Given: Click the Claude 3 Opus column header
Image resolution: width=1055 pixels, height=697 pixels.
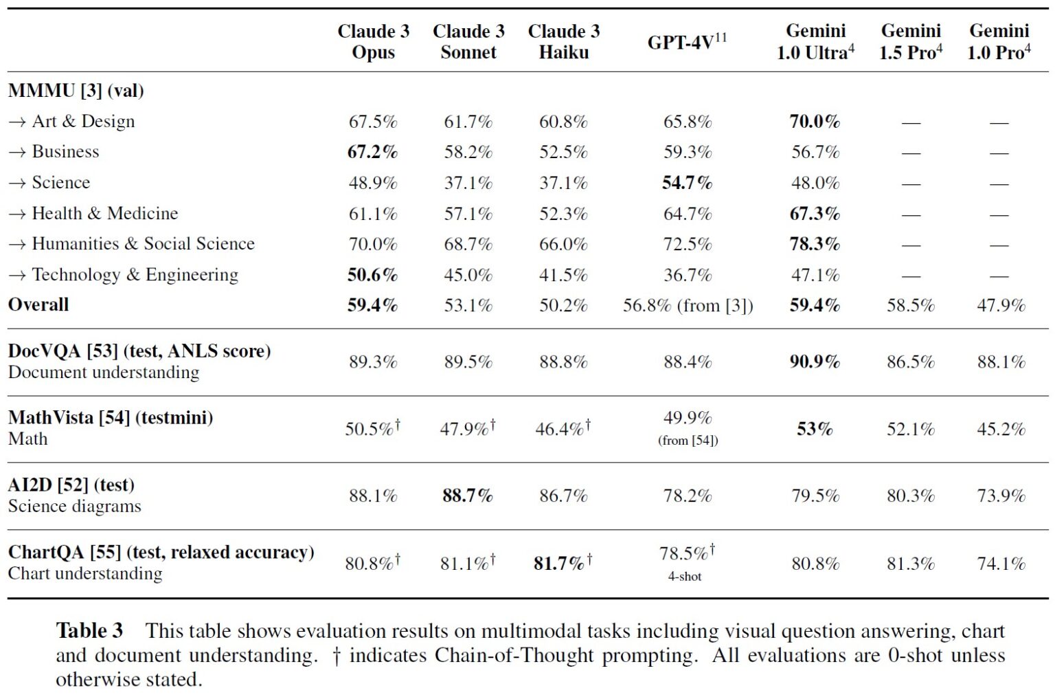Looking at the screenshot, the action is click(x=374, y=41).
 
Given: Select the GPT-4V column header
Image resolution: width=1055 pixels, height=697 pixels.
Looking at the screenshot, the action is click(x=687, y=41).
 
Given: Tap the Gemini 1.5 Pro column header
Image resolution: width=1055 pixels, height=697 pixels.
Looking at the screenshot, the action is click(x=911, y=41).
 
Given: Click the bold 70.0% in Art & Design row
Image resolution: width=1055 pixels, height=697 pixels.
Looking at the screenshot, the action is click(x=815, y=122).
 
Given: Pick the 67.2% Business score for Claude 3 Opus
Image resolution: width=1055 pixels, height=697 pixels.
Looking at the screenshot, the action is click(x=372, y=152).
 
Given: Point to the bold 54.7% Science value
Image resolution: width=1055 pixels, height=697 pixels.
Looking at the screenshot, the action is click(x=687, y=182).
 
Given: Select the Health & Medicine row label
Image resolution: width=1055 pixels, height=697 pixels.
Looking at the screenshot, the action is click(x=93, y=213).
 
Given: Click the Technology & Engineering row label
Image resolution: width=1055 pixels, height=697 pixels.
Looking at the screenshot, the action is click(x=124, y=274).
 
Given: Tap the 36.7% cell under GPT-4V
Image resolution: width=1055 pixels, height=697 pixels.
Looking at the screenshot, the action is click(x=687, y=275).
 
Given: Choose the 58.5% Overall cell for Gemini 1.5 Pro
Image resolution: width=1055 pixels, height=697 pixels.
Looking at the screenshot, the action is click(x=911, y=305).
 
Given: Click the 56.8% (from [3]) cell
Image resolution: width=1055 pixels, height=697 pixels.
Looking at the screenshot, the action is click(x=688, y=305).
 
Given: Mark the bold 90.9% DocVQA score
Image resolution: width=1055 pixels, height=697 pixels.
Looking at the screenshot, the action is click(x=815, y=362).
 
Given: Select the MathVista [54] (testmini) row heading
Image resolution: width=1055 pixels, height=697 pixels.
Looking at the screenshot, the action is click(x=111, y=417).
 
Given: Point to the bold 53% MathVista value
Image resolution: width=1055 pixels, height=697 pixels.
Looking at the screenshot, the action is click(x=815, y=429).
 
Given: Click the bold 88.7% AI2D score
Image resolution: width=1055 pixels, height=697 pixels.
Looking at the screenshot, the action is click(x=468, y=496).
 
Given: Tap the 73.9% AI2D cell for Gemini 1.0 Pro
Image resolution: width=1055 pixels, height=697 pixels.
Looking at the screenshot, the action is click(x=1001, y=496).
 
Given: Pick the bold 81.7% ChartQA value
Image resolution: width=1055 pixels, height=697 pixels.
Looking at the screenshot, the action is click(x=563, y=563).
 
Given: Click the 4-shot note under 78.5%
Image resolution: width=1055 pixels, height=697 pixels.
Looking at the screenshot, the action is click(x=685, y=576).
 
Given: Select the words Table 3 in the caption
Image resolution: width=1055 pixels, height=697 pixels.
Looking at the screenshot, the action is click(x=89, y=630).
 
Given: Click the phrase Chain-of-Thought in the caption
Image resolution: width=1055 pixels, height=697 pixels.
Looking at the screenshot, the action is click(x=514, y=655).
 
